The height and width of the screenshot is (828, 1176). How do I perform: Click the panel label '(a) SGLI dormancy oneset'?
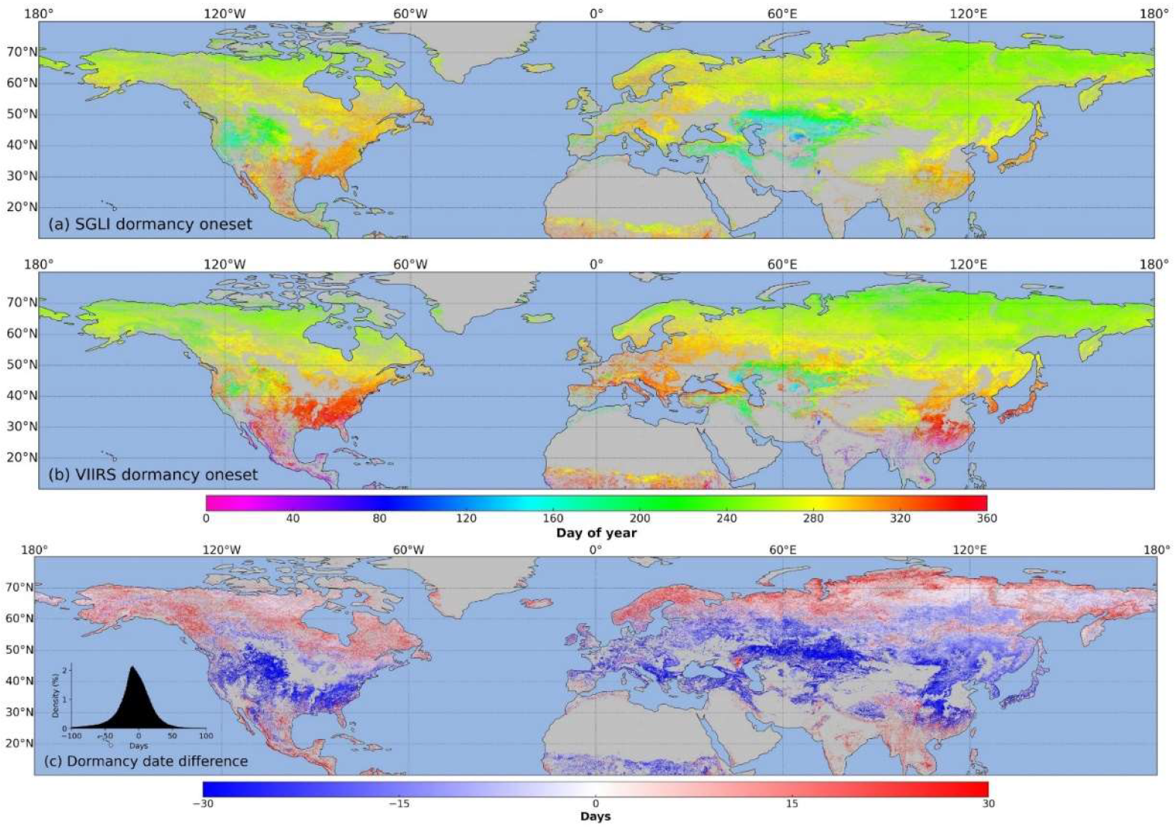point(150,224)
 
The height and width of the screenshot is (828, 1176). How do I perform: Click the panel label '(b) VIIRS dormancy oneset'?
point(153,474)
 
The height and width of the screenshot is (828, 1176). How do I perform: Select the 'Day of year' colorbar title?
point(596,533)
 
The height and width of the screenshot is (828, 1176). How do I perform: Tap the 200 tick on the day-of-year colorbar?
point(640,518)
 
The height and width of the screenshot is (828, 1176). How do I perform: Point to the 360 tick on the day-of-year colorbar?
point(987,518)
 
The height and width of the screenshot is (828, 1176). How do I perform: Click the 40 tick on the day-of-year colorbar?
point(293,518)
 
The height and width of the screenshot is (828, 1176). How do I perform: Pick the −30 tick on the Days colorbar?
point(203,803)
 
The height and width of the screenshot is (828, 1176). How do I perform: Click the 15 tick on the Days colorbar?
point(791,803)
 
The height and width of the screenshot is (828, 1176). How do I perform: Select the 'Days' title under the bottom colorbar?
point(595,816)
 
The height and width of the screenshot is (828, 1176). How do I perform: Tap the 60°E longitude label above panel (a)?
point(782,13)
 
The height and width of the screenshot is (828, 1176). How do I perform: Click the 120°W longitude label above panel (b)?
point(224,264)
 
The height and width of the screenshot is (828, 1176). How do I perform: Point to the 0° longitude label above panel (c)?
point(595,550)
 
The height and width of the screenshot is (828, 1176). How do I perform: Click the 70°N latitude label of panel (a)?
point(22,52)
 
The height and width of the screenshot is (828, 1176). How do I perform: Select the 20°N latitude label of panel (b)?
point(22,457)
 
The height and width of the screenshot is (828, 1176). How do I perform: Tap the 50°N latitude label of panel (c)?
point(19,649)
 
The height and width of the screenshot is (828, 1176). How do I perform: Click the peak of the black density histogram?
point(132,667)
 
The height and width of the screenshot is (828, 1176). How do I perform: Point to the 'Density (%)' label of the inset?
point(56,696)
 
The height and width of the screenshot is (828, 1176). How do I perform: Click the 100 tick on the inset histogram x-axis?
point(206,736)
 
